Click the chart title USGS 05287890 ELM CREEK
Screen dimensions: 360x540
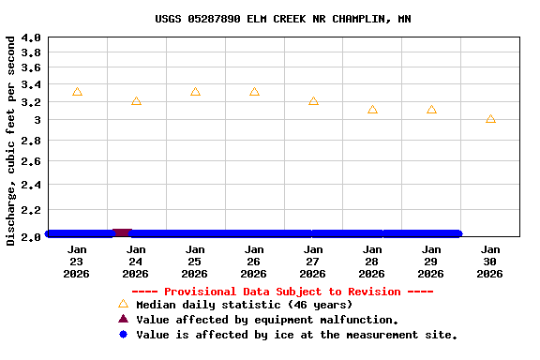click(282, 19)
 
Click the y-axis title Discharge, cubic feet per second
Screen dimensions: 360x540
click(10, 141)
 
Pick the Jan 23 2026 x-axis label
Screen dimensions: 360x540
click(77, 262)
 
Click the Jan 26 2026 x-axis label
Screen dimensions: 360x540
click(253, 262)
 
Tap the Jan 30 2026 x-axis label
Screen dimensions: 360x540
click(489, 262)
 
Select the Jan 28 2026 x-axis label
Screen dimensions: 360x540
click(371, 262)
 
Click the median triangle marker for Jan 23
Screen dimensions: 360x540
click(77, 92)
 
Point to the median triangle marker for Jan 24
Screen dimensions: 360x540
click(136, 100)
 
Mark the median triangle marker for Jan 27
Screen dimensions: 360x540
click(313, 100)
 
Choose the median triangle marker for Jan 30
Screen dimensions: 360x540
click(490, 119)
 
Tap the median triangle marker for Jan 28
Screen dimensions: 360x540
click(372, 110)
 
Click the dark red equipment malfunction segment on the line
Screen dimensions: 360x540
click(121, 232)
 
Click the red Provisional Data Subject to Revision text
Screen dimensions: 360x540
click(282, 292)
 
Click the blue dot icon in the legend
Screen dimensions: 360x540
click(123, 335)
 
